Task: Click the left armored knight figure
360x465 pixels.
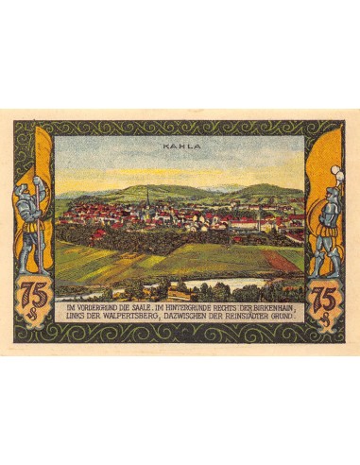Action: (x=32, y=227)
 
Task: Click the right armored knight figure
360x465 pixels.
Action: (x=327, y=227)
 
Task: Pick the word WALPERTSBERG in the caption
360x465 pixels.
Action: (x=131, y=318)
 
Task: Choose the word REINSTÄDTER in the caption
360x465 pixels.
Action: (x=253, y=318)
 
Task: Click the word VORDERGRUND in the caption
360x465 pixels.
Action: (x=97, y=308)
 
